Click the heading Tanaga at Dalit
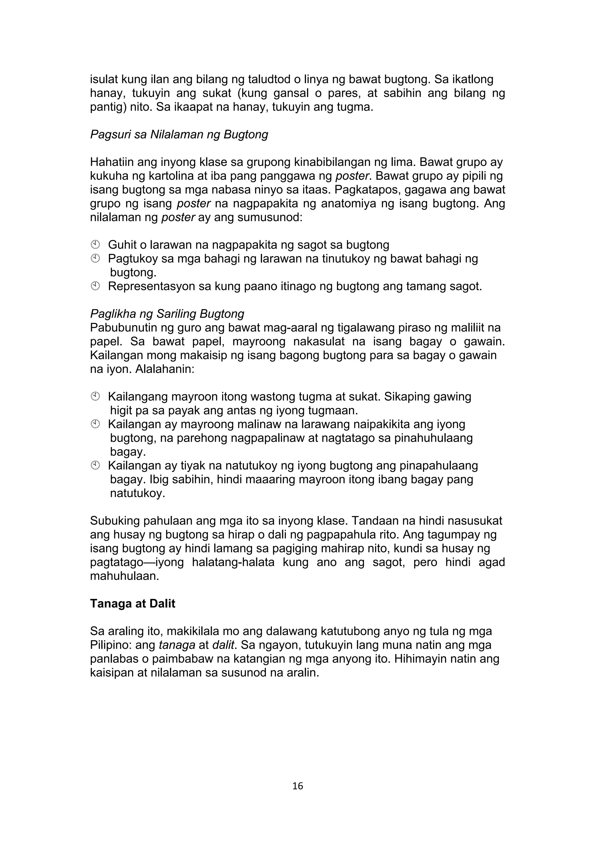click(x=132, y=604)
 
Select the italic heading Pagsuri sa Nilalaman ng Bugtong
click(x=179, y=135)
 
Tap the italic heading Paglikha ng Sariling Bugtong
click(x=167, y=314)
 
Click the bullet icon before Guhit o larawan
click(x=95, y=245)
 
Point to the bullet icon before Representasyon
click(x=95, y=286)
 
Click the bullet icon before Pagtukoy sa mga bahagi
click(x=95, y=259)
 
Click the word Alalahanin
click(x=164, y=369)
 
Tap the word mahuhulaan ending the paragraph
click(x=124, y=576)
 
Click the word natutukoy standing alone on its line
click(x=137, y=493)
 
